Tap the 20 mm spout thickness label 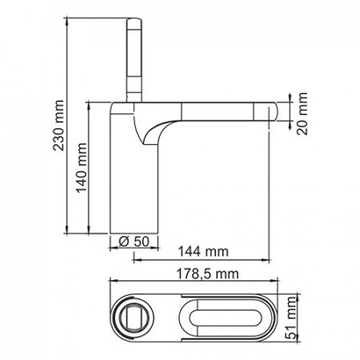click(300, 116)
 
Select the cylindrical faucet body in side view click(133, 184)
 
